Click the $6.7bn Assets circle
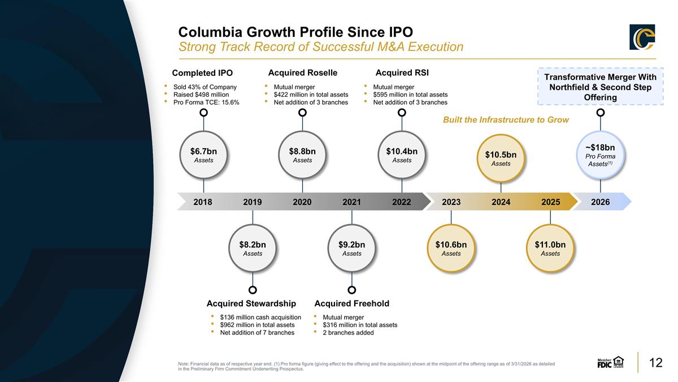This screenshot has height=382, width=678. (x=203, y=155)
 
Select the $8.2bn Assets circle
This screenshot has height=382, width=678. (x=253, y=248)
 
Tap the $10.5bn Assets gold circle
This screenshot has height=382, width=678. (x=501, y=158)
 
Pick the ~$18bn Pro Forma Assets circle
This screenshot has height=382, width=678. (x=601, y=155)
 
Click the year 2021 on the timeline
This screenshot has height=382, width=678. (x=351, y=202)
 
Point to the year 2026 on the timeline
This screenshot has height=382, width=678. (x=601, y=202)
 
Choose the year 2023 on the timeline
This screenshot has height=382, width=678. (x=451, y=202)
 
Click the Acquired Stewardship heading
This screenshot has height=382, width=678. (x=251, y=303)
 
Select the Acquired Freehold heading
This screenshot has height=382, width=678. (x=351, y=303)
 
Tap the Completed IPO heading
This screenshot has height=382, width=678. (x=202, y=73)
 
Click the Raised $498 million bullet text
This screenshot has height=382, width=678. (x=201, y=95)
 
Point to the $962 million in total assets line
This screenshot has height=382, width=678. (x=257, y=325)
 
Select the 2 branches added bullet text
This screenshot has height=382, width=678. (x=348, y=333)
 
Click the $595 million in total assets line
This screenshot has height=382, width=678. (x=410, y=95)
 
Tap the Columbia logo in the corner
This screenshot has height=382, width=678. (x=642, y=37)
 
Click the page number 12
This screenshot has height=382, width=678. (x=656, y=363)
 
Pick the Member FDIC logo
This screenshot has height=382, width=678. (x=610, y=362)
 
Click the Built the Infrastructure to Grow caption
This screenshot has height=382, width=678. (x=506, y=120)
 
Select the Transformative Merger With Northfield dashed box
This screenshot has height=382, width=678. (x=601, y=87)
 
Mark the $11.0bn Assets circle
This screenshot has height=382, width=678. (x=550, y=248)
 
